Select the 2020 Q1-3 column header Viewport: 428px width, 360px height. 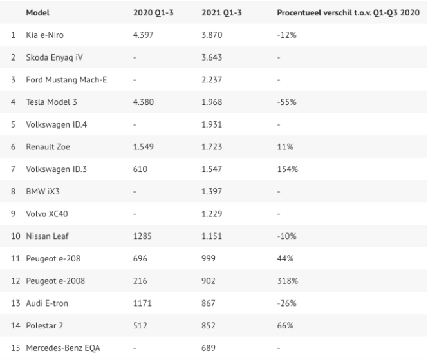[149, 13]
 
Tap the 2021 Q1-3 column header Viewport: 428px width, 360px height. [218, 13]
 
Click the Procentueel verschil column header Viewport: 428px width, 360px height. [343, 13]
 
